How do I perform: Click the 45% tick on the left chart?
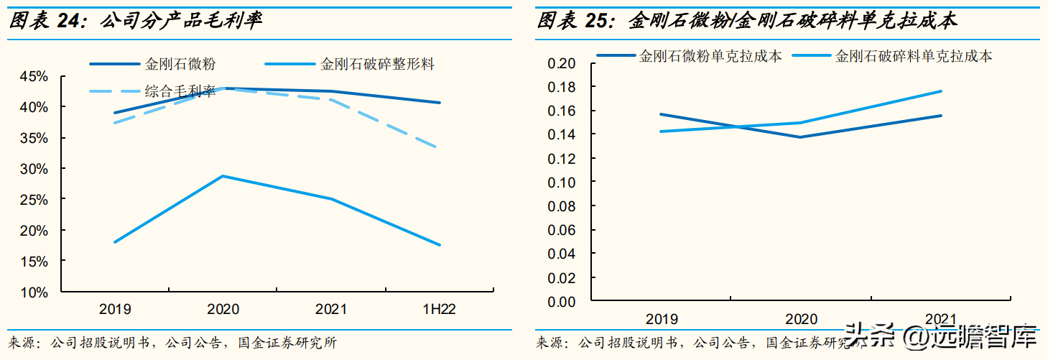[33, 76]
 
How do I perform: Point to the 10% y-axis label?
[33, 292]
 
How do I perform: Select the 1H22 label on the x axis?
[439, 310]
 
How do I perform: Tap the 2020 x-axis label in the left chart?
[223, 310]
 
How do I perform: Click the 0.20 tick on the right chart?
[562, 63]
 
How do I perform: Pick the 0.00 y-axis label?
[562, 301]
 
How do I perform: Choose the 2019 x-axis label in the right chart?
[661, 319]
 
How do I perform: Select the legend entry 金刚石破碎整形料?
[377, 64]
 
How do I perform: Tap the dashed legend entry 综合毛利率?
[180, 91]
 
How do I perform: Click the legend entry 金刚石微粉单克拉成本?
[710, 55]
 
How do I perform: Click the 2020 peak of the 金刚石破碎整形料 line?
[223, 175]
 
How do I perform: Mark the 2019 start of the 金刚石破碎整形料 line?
[115, 242]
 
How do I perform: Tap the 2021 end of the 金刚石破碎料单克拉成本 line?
[941, 91]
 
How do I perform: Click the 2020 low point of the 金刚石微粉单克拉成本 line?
[800, 137]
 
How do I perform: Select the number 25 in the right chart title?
[595, 20]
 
